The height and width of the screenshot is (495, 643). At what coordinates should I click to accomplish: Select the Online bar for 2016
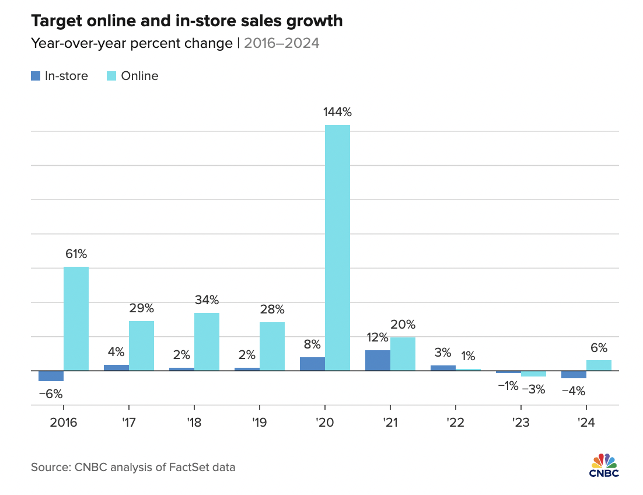coord(76,318)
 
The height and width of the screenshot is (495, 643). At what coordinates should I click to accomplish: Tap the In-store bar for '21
coord(378,360)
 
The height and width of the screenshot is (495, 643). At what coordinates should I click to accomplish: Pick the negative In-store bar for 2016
coord(51,376)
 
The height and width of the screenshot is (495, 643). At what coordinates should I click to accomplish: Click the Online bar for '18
coord(207,341)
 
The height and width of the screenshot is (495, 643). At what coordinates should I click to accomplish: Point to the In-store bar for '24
coord(574,375)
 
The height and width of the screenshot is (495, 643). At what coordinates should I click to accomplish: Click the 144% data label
coord(338,112)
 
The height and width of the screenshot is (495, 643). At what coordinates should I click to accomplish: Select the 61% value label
coord(76,254)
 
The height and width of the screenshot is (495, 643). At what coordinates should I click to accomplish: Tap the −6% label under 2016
coord(50,393)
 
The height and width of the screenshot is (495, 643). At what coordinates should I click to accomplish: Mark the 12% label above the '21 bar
coord(378,337)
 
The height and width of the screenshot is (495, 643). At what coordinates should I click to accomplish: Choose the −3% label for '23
coord(533,389)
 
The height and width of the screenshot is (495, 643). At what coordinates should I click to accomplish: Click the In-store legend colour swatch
coord(36,76)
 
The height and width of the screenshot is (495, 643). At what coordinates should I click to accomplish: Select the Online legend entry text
coord(139,76)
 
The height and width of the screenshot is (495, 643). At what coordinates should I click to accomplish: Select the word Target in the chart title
coord(53,22)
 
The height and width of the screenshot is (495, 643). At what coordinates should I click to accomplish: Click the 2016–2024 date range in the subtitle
coord(281,43)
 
